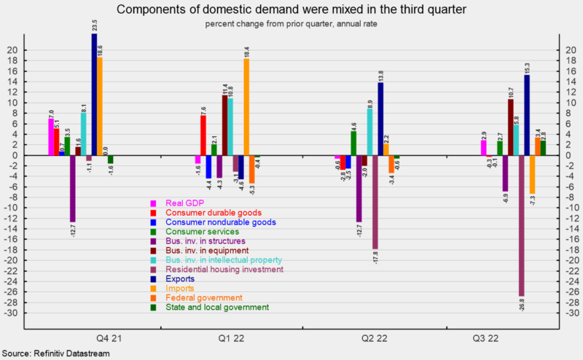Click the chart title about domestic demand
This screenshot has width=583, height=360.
(291, 9)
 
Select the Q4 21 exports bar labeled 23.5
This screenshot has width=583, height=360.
(95, 94)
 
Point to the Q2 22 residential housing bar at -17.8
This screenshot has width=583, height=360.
(375, 202)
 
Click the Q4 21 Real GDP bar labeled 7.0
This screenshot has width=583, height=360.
(51, 137)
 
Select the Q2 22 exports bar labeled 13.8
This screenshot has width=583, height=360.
(380, 119)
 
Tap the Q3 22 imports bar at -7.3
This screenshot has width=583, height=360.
(532, 174)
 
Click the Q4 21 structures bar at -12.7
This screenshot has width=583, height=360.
(73, 189)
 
